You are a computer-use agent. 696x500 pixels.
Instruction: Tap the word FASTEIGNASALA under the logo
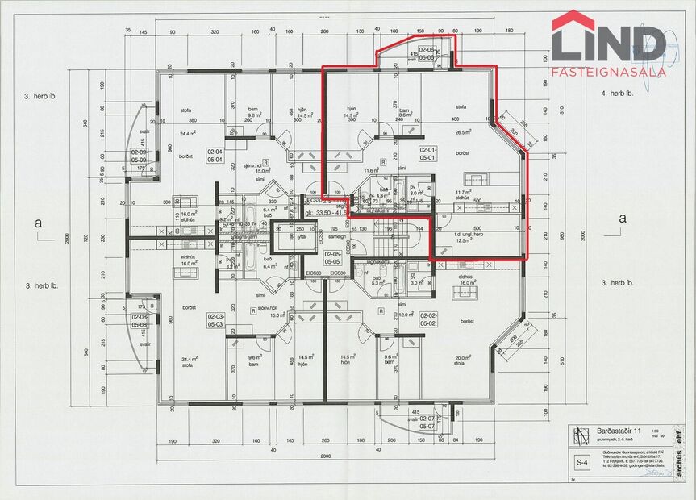(609, 72)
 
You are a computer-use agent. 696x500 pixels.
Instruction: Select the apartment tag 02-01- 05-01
(427, 153)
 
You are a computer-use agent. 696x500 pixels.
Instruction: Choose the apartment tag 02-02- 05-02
(427, 319)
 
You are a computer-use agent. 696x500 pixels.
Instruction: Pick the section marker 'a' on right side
(621, 218)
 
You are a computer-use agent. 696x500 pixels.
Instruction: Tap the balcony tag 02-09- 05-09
(139, 156)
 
